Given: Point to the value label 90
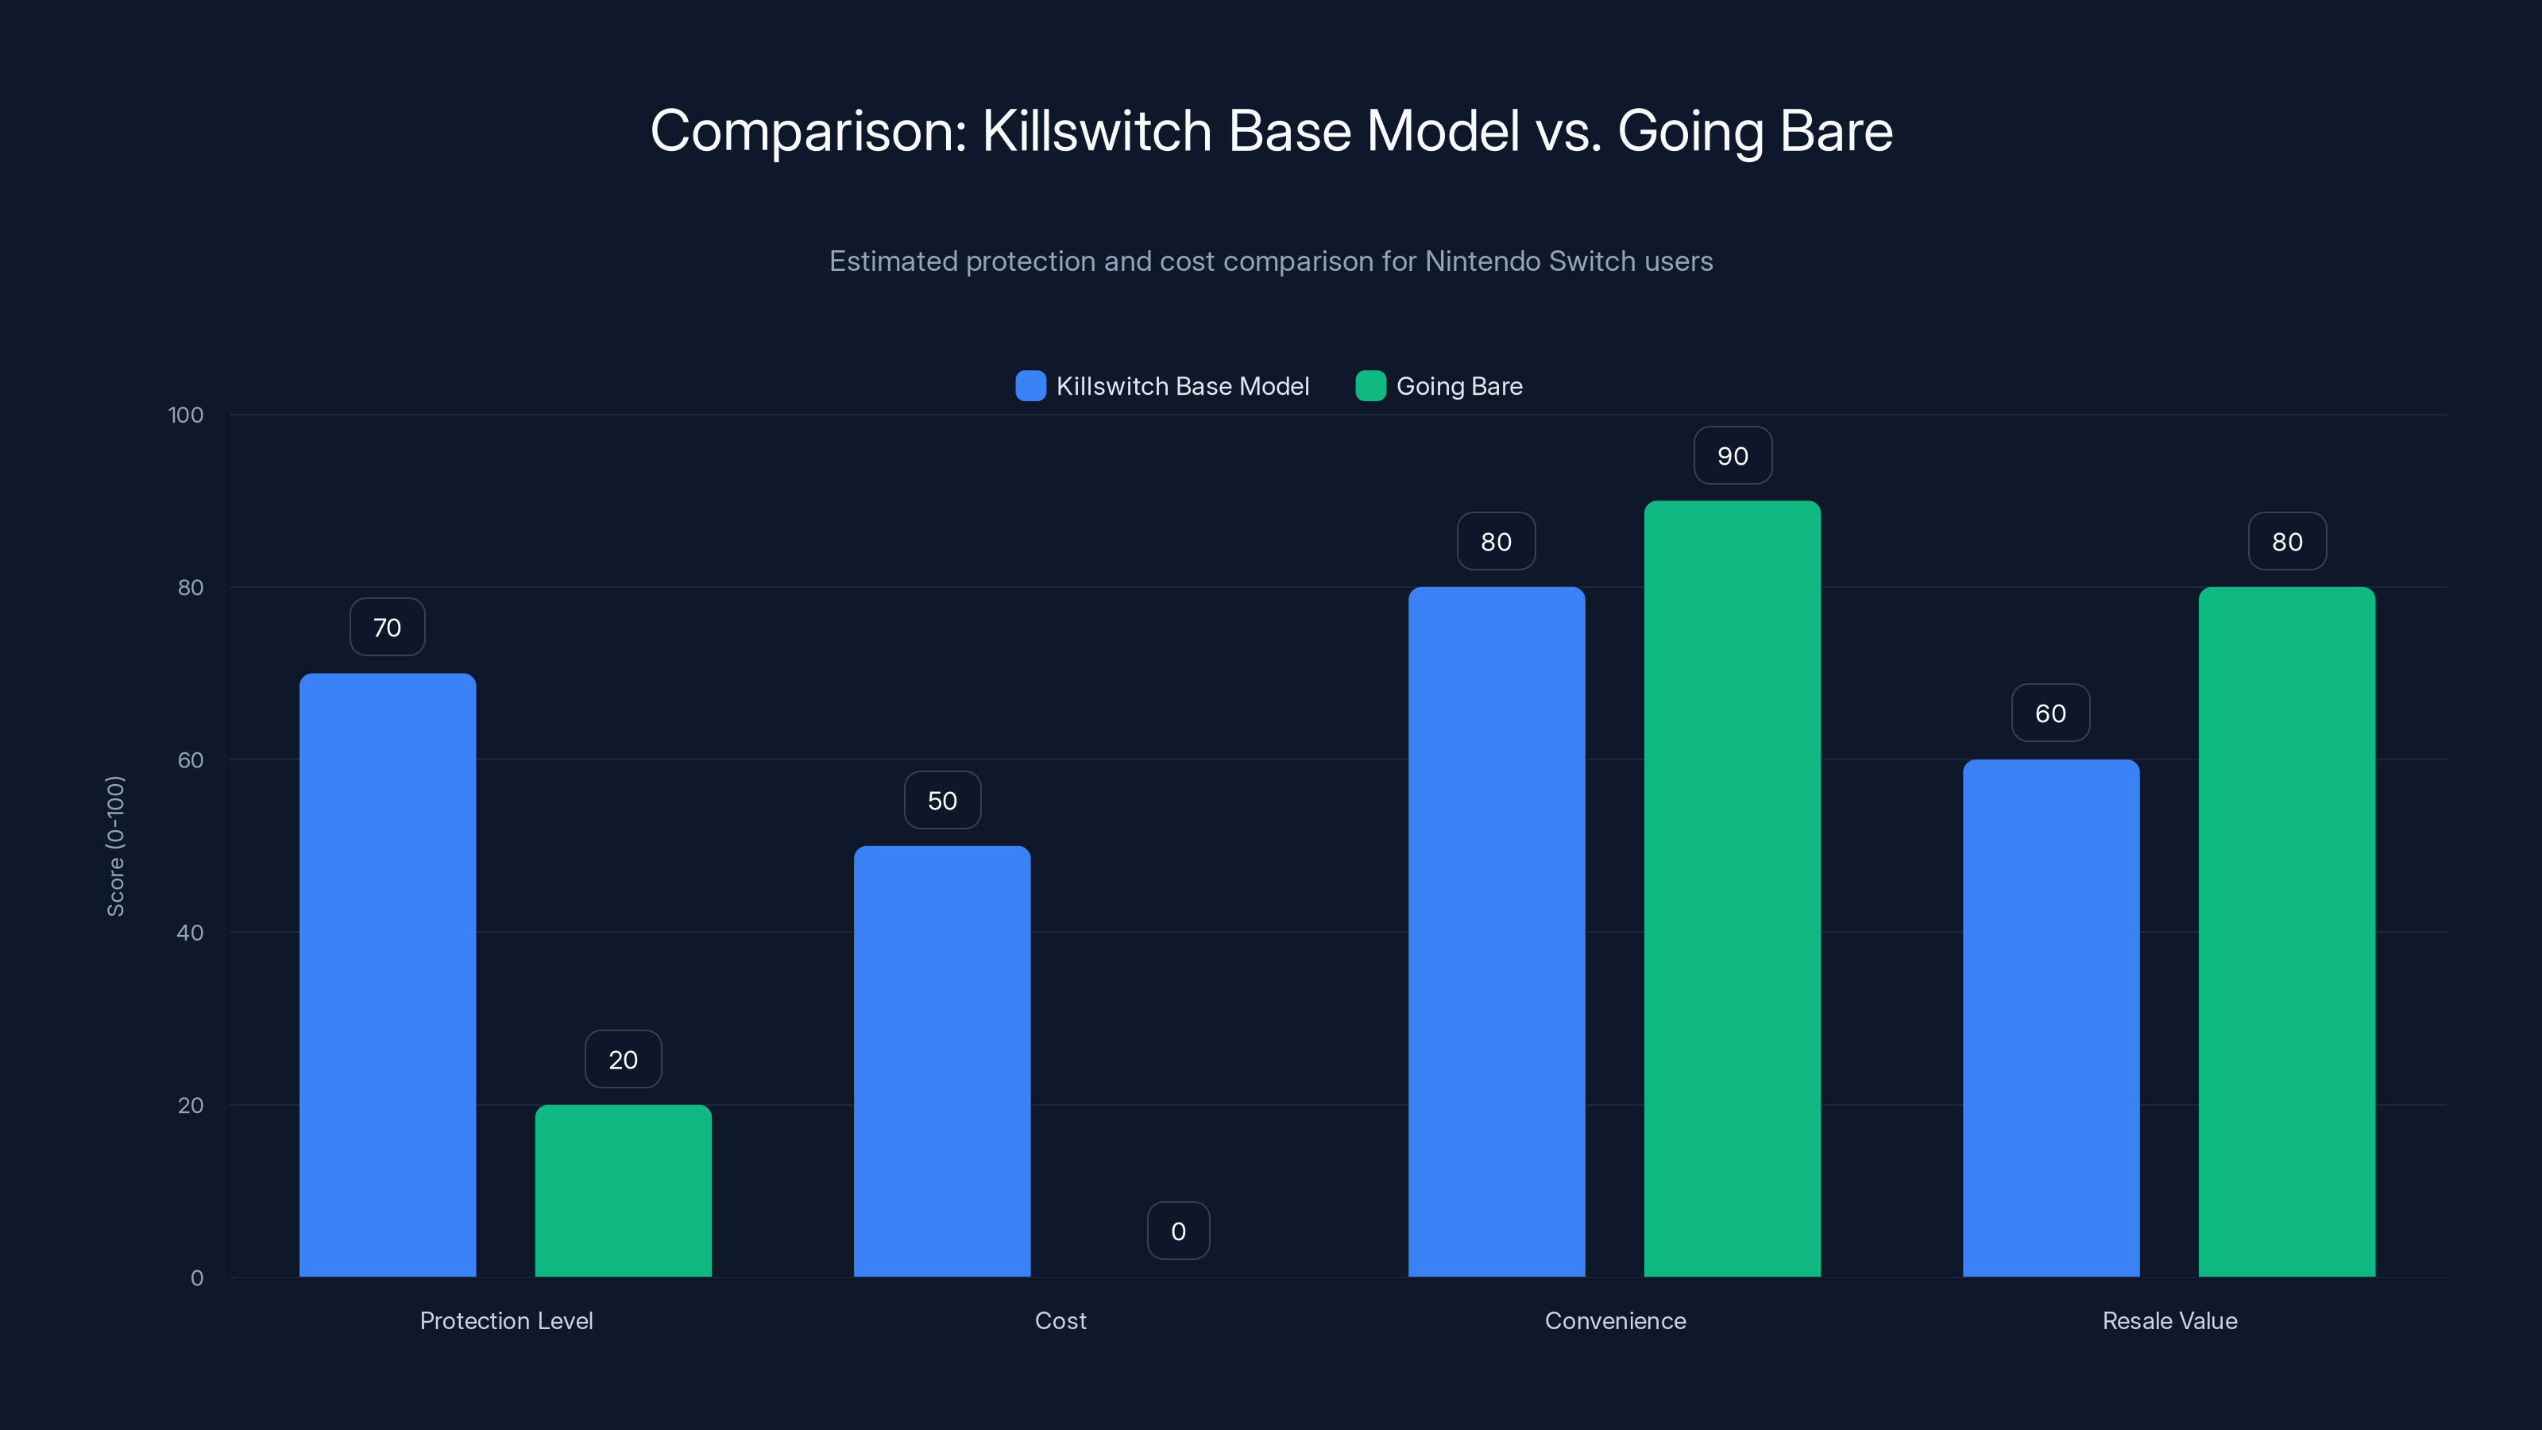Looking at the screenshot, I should (1732, 456).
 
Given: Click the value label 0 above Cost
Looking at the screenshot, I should (1178, 1231).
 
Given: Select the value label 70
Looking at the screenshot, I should (387, 628).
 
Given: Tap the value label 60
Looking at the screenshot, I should (2050, 713).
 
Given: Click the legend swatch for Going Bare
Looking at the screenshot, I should (1370, 386).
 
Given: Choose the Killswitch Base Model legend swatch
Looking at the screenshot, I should (1030, 386).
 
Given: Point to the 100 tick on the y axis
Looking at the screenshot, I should (186, 415).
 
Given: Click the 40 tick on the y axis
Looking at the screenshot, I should (190, 933).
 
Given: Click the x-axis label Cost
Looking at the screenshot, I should (1060, 1320).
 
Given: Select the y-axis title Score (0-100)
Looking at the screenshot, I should (115, 846).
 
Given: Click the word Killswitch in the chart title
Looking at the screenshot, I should (1096, 131).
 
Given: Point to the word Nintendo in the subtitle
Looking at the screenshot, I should (1480, 261).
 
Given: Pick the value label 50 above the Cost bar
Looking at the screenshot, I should (941, 800).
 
